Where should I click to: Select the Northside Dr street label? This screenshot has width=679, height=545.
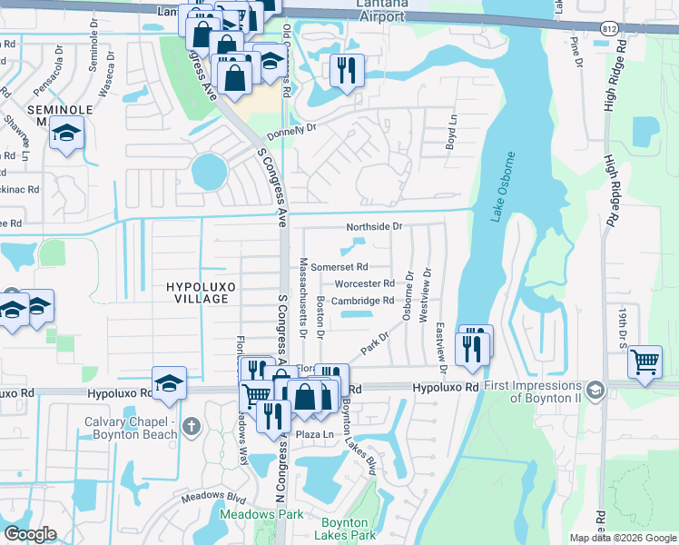click(x=373, y=227)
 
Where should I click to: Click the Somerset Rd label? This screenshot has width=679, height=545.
click(x=339, y=267)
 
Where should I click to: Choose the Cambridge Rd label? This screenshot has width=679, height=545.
click(x=362, y=301)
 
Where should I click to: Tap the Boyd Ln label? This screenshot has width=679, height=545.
click(x=450, y=136)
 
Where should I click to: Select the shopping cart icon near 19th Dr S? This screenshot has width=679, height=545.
click(x=645, y=362)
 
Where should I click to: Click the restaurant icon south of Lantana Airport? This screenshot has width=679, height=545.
click(x=345, y=70)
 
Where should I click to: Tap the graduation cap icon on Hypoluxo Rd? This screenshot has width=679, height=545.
click(x=169, y=382)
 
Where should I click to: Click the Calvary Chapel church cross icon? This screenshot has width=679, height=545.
click(x=191, y=426)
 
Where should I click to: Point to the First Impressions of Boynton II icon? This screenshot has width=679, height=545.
click(x=595, y=391)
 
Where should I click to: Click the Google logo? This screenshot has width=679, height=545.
click(x=30, y=534)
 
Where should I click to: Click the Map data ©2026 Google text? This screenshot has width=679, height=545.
click(x=623, y=538)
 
